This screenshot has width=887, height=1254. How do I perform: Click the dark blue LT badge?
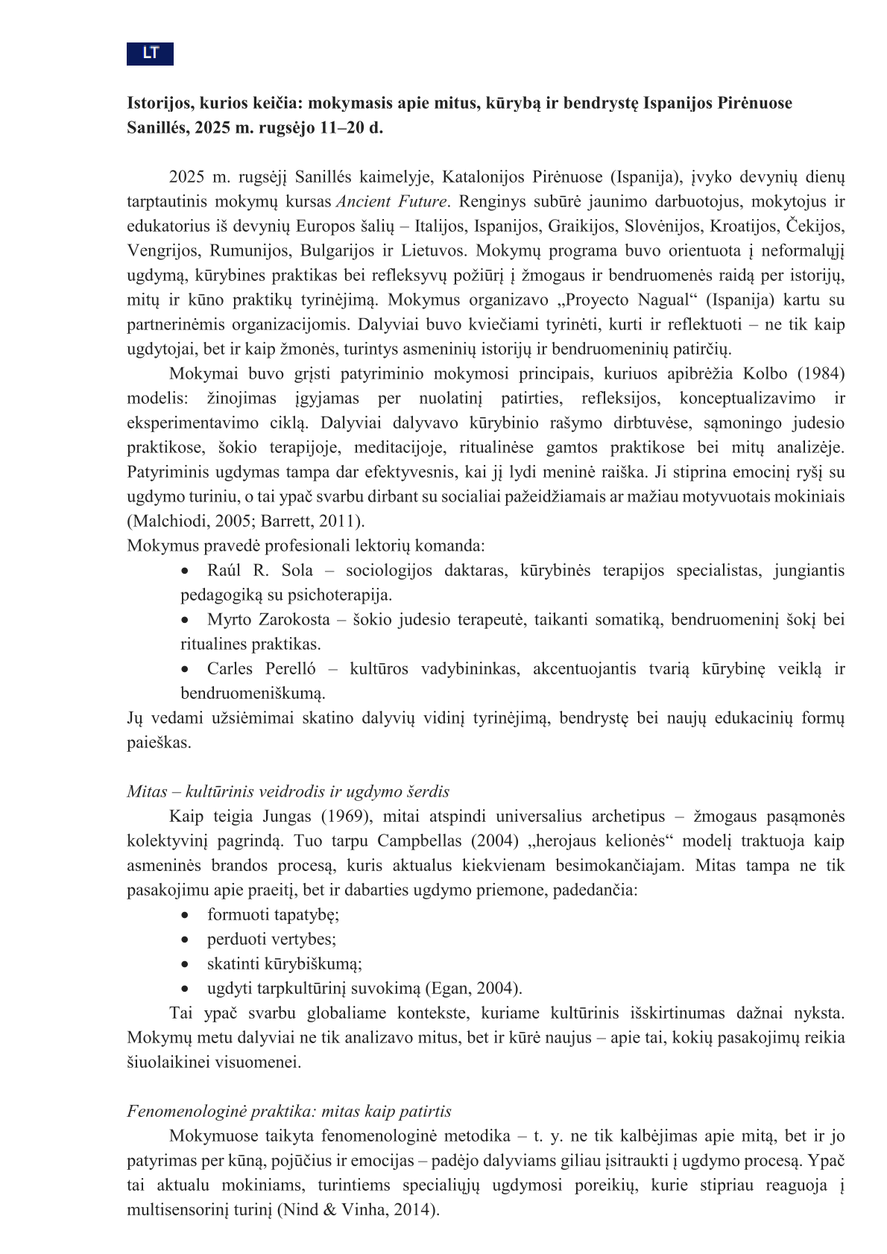click(150, 54)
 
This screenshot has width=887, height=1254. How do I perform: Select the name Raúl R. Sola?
click(260, 571)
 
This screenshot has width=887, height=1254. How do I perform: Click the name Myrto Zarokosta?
click(268, 620)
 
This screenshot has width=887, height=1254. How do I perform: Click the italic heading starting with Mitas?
click(288, 792)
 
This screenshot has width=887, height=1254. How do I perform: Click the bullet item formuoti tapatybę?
click(273, 915)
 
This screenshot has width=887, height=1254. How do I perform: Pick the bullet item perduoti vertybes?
click(271, 940)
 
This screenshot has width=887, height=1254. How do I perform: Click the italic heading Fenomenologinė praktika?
click(289, 1112)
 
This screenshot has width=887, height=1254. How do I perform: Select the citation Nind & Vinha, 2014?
click(358, 1210)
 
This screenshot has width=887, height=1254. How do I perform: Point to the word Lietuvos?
click(434, 251)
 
